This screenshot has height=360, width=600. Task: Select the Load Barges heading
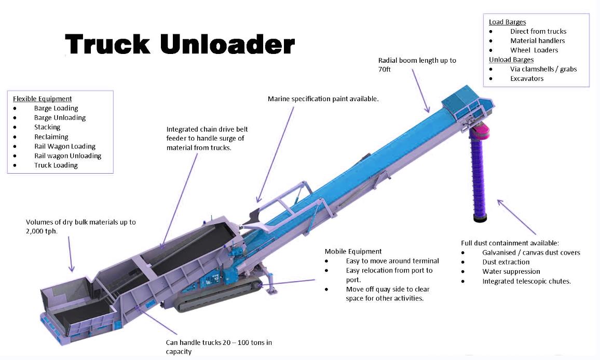point(507,22)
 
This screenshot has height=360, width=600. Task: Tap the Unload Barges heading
point(511,60)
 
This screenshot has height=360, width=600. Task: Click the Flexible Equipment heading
point(42,99)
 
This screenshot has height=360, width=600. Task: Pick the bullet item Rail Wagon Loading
point(65,146)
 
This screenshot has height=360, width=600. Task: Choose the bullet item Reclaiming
point(51,137)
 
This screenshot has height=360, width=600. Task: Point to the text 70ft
point(384,69)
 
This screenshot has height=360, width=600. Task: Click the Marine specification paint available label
point(323,99)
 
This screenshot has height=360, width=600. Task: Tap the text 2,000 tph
point(42,231)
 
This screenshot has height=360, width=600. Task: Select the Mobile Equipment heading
point(353,252)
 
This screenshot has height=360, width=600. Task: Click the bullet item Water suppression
point(511,271)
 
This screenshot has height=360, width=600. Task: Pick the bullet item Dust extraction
point(506,262)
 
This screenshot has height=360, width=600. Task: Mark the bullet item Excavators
point(527,79)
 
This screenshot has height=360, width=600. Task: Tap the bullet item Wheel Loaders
point(534,50)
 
